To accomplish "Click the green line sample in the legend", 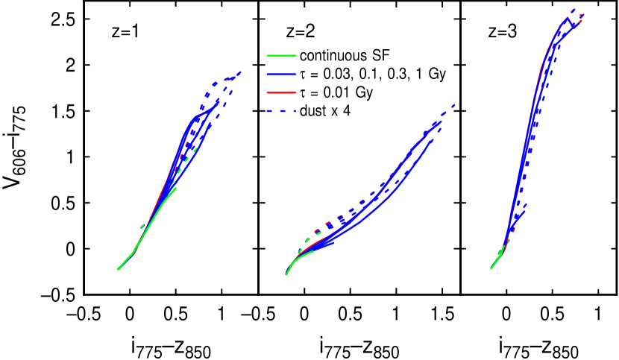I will pyautogui.click(x=281, y=56).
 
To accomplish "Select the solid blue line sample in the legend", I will pyautogui.click(x=281, y=75).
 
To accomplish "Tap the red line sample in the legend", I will pyautogui.click(x=281, y=92).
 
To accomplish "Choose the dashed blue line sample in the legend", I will pyautogui.click(x=281, y=111).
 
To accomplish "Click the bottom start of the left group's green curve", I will pyautogui.click(x=118, y=269).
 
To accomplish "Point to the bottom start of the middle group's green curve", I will pyautogui.click(x=286, y=274).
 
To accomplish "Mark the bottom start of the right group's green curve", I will pyautogui.click(x=491, y=268).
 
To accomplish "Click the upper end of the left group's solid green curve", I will pyautogui.click(x=176, y=188).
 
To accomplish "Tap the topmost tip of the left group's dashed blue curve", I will pyautogui.click(x=240, y=72).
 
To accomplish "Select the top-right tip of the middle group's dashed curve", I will pyautogui.click(x=454, y=105).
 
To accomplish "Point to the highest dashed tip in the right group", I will pyautogui.click(x=574, y=9).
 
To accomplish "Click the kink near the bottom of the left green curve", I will pyautogui.click(x=134, y=253).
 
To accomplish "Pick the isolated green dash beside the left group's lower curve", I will pyautogui.click(x=142, y=226).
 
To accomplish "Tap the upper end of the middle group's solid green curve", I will pyautogui.click(x=313, y=250).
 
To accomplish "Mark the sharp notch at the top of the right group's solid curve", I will pyautogui.click(x=568, y=19).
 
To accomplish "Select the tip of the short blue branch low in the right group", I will pyautogui.click(x=526, y=212).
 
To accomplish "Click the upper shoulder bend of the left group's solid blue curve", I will pyautogui.click(x=195, y=118).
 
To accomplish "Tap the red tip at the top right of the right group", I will pyautogui.click(x=582, y=20).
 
